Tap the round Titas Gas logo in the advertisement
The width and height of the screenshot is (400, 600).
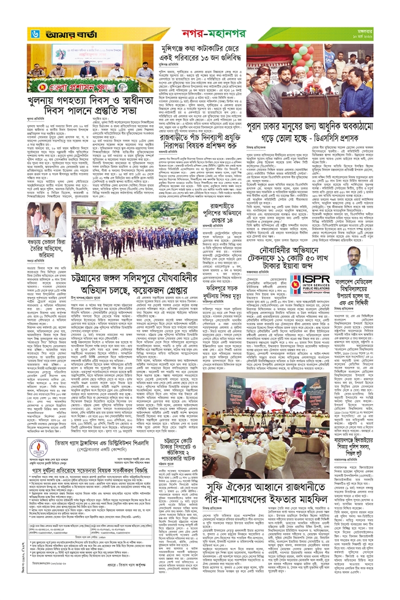pyautogui.click(x=38, y=445)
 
